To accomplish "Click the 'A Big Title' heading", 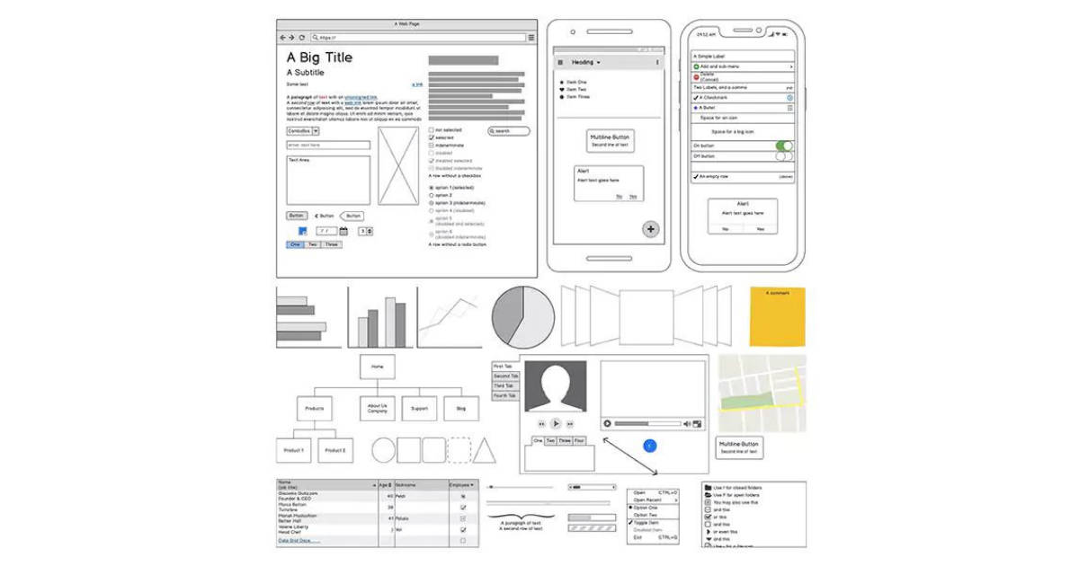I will pos(319,57).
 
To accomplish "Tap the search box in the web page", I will pos(509,131).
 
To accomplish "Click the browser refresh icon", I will pos(301,38).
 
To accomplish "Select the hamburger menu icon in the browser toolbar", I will pos(531,38).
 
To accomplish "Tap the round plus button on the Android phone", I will pos(651,229).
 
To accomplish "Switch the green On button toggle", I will pos(784,146).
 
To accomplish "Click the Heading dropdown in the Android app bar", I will pos(585,62).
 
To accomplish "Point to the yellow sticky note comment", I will pos(778,317).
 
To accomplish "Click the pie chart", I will pos(522,317).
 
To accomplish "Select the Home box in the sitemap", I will pos(378,367).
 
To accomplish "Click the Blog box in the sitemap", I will pos(461,408).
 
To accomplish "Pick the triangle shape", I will pos(485,450).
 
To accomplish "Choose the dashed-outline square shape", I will pos(459,450).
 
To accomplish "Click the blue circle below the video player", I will pos(650,446).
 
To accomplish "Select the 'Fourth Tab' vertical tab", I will pos(504,395).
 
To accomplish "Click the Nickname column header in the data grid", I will pos(419,485).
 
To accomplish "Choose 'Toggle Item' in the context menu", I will pos(647,522).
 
